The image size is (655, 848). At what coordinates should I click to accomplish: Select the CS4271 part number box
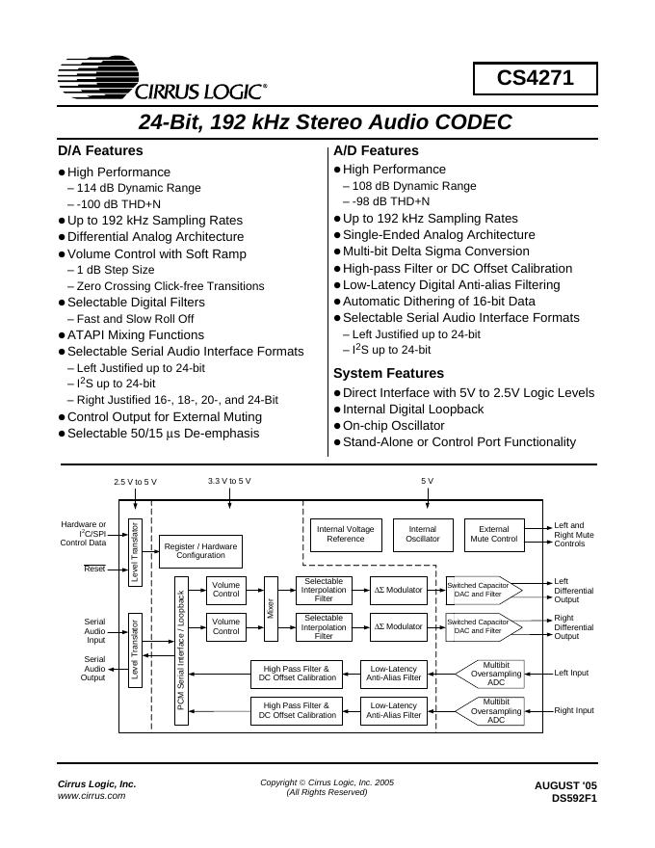(x=535, y=79)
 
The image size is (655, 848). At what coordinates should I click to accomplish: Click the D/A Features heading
(x=100, y=150)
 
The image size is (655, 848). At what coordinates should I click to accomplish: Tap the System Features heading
(x=388, y=373)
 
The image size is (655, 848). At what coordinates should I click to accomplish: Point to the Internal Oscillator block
(x=422, y=534)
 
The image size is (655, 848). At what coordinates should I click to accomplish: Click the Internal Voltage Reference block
(x=346, y=534)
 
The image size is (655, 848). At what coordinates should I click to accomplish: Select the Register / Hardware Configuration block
(x=200, y=550)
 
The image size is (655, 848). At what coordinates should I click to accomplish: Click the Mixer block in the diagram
(x=271, y=608)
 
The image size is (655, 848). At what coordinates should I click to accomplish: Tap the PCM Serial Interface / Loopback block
(x=180, y=643)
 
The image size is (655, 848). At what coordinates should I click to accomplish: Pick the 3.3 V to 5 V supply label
(x=229, y=480)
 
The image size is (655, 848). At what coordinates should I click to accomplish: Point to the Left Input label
(x=572, y=674)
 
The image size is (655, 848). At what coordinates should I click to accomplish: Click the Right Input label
(x=574, y=710)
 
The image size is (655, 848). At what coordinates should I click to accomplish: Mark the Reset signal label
(x=94, y=569)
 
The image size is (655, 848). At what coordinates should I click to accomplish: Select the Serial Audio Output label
(x=93, y=668)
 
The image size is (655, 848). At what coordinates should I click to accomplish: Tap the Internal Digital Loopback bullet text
(x=413, y=409)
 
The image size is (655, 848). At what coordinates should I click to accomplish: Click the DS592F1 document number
(x=574, y=798)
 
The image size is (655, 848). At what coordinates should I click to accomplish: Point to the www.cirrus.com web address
(x=92, y=796)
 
